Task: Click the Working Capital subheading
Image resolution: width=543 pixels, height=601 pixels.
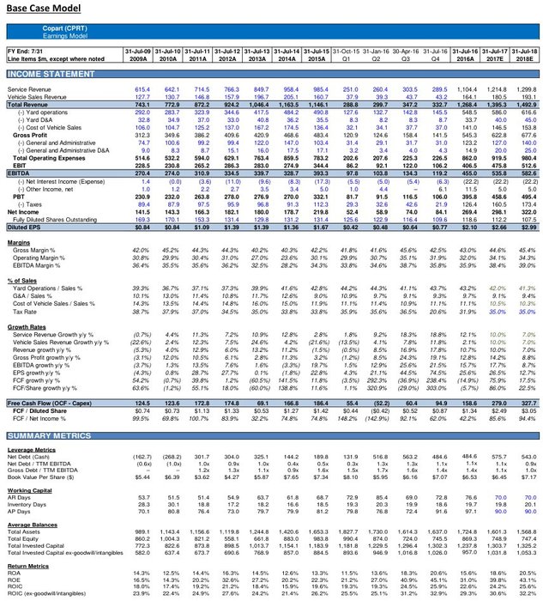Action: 28,489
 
